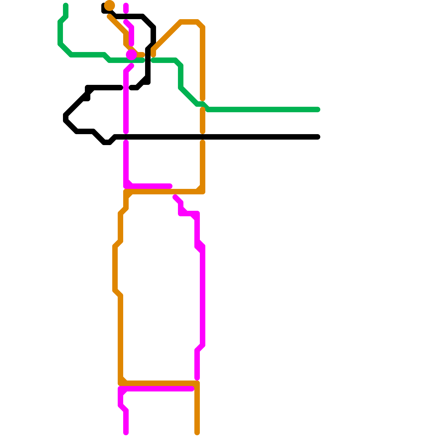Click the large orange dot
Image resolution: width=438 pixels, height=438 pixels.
pyautogui.click(x=109, y=5)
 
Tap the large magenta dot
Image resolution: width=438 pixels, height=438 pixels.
pyautogui.click(x=131, y=55)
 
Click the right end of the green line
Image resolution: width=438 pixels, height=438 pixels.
pyautogui.click(x=318, y=109)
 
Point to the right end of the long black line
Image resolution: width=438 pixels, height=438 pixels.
pyautogui.click(x=318, y=137)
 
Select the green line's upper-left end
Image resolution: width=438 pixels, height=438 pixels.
pyautogui.click(x=66, y=5)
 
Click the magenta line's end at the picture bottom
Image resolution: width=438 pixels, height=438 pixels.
pyautogui.click(x=126, y=433)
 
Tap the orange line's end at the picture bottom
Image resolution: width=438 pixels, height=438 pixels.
pyautogui.click(x=197, y=433)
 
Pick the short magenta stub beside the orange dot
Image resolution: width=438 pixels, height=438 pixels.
pyautogui.click(x=126, y=8)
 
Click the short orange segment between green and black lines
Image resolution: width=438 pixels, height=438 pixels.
pyautogui.click(x=203, y=120)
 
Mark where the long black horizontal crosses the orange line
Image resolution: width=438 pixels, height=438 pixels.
pyautogui.click(x=203, y=137)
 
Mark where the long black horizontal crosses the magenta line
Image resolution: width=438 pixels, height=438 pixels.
pyautogui.click(x=126, y=137)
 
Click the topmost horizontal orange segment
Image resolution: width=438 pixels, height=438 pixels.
pyautogui.click(x=189, y=22)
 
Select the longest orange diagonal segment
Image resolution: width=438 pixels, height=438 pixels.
pyautogui.click(x=167, y=36)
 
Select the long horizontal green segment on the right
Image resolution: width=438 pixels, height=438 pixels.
pyautogui.click(x=263, y=109)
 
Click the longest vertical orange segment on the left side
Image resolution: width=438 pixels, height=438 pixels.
pyautogui.click(x=120, y=337)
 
